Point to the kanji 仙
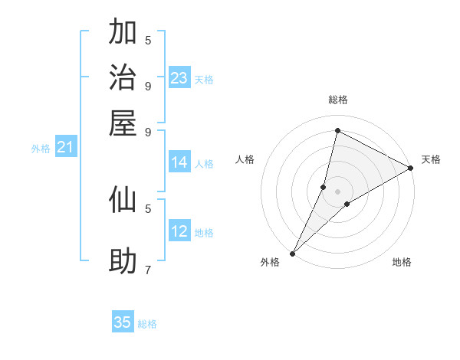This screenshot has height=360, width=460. click(x=123, y=200)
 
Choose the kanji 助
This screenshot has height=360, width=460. click(x=123, y=261)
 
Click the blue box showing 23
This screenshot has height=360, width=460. click(x=179, y=78)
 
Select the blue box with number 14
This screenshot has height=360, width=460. click(x=179, y=162)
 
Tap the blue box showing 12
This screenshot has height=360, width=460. click(x=179, y=231)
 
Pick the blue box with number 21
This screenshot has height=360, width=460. click(x=65, y=148)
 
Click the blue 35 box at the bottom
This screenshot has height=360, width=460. click(x=123, y=322)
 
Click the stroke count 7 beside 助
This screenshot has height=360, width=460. click(x=147, y=270)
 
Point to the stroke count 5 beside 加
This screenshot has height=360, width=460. click(x=147, y=40)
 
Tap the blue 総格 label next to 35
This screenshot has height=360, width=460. click(x=147, y=324)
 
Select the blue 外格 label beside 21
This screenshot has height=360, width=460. click(x=40, y=149)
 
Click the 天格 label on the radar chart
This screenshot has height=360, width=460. click(x=431, y=159)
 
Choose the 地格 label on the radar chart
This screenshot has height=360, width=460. click(x=402, y=262)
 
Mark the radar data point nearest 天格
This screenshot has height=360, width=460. click(x=410, y=168)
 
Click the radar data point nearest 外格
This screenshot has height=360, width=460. click(x=292, y=253)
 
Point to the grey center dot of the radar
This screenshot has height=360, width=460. click(x=337, y=191)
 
